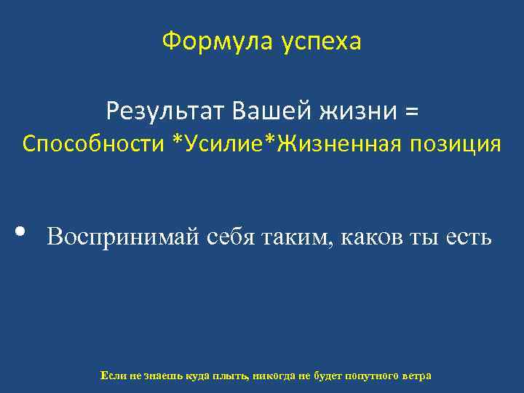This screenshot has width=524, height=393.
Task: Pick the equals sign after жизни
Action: click(x=412, y=113)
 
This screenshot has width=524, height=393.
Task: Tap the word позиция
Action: click(x=458, y=144)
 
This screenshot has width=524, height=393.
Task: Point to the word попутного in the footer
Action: click(x=370, y=376)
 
